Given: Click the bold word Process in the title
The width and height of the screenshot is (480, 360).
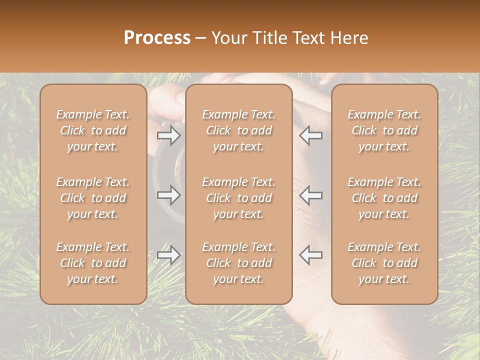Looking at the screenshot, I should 157,38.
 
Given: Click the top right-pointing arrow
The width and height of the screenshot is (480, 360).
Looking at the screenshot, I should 168,135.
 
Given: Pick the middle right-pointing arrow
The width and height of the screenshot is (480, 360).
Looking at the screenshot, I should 168,194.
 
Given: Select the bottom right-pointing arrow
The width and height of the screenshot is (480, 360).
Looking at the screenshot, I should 168,255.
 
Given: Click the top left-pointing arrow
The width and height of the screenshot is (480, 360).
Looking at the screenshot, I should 310,135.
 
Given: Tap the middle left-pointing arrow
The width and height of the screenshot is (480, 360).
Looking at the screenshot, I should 310,194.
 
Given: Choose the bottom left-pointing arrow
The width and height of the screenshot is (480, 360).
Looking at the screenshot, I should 310,255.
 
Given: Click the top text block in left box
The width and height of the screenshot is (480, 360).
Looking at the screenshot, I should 93,130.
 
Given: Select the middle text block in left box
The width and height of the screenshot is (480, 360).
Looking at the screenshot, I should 93,198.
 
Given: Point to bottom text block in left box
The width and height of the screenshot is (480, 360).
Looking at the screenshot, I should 93,263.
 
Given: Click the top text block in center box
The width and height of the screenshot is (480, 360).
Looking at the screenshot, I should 238,130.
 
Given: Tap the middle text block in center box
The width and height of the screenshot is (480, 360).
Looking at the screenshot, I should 238,198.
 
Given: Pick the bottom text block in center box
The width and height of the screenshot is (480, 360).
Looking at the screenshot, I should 238,263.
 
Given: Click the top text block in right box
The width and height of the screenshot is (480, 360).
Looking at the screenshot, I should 384,130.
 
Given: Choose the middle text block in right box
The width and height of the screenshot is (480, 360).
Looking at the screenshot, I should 384,198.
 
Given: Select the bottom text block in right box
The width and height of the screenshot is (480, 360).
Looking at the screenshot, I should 384,263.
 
